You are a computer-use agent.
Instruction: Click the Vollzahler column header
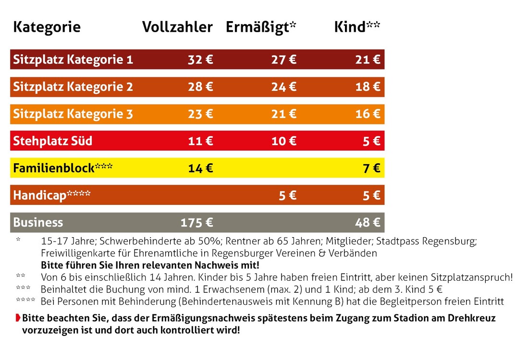pyautogui.click(x=177, y=27)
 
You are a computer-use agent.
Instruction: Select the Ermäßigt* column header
pyautogui.click(x=261, y=27)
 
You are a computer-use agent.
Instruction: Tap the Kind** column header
pyautogui.click(x=357, y=27)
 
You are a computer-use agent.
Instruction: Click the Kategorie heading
pyautogui.click(x=47, y=27)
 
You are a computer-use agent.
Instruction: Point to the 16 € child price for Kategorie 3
pyautogui.click(x=368, y=114)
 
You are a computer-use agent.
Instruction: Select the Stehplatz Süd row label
pyautogui.click(x=52, y=141)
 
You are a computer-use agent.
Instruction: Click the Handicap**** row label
pyautogui.click(x=51, y=195)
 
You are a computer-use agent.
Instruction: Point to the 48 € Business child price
pyautogui.click(x=368, y=222)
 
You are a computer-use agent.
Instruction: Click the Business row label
pyautogui.click(x=38, y=222)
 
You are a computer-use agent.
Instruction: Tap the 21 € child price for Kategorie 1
pyautogui.click(x=368, y=60)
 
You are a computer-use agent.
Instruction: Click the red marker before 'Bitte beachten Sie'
pyautogui.click(x=18, y=318)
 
